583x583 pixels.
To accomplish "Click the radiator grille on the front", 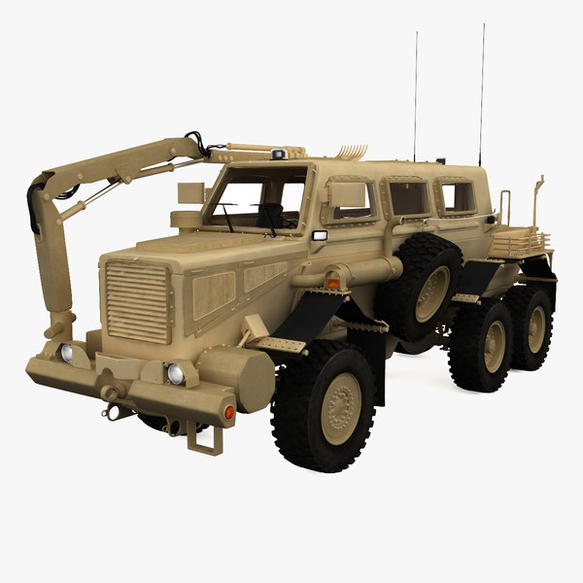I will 137,300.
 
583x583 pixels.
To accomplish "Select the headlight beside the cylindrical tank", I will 176,373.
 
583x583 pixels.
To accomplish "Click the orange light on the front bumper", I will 229,412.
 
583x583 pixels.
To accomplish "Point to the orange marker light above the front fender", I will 333,283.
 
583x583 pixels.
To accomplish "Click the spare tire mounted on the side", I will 421,287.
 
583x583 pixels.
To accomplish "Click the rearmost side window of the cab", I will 457,197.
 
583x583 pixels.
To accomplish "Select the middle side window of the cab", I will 408,199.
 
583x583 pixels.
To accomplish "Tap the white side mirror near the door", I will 320,236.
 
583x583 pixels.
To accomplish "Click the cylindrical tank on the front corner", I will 236,376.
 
